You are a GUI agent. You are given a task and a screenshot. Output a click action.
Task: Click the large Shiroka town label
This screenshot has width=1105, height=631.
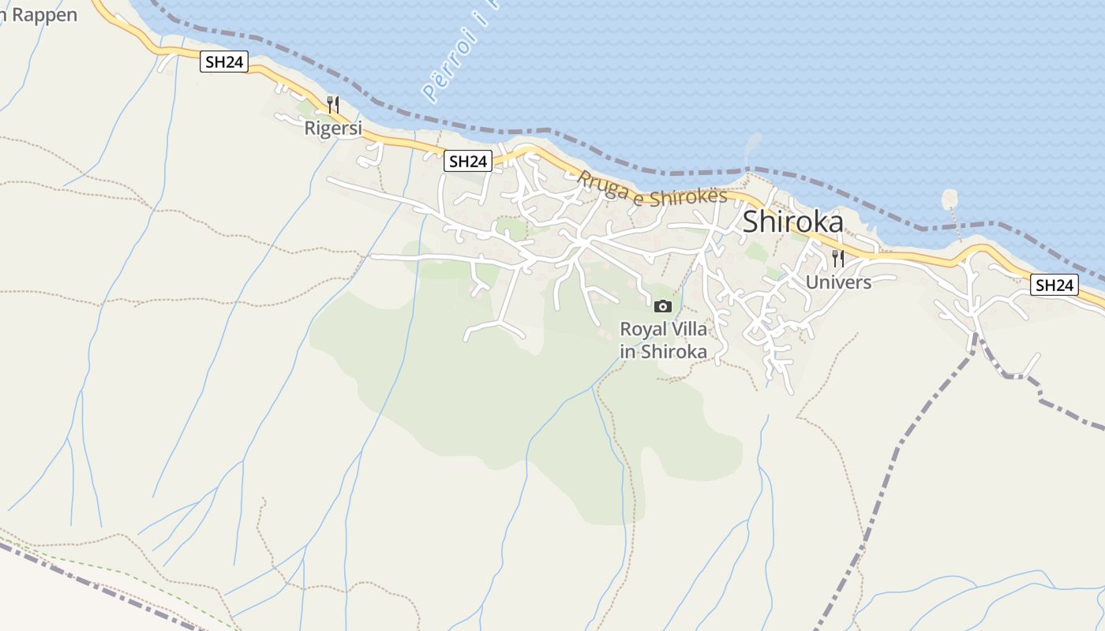(792, 222)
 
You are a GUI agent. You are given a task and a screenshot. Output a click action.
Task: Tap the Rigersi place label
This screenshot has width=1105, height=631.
(333, 128)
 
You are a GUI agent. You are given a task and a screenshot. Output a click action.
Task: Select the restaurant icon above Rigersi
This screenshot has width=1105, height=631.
(333, 104)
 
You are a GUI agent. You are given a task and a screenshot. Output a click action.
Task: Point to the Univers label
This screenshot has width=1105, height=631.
(838, 282)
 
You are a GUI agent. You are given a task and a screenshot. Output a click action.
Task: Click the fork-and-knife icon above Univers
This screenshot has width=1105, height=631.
(838, 258)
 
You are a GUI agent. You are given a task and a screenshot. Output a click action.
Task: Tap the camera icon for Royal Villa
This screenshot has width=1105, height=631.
(663, 306)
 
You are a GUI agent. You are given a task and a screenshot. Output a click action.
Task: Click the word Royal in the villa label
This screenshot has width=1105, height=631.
(642, 329)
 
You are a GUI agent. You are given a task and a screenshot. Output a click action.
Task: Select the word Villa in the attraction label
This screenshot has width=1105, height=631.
(687, 329)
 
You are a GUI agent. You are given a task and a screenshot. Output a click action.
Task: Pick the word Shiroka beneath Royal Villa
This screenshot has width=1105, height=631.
(673, 352)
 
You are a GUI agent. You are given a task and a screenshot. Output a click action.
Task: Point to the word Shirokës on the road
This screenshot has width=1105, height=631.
(687, 196)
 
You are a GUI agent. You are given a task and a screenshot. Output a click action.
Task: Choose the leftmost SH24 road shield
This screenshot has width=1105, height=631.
(224, 62)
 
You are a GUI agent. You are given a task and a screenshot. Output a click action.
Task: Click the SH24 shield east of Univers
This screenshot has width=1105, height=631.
(1054, 285)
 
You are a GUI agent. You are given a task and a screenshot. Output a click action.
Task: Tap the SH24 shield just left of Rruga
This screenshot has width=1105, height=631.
(467, 161)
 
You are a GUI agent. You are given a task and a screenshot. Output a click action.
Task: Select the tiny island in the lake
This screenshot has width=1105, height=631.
(949, 199)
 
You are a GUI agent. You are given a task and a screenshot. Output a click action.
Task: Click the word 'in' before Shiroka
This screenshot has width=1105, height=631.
(627, 352)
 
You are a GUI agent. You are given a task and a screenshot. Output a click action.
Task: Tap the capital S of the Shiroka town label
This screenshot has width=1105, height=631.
(752, 222)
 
